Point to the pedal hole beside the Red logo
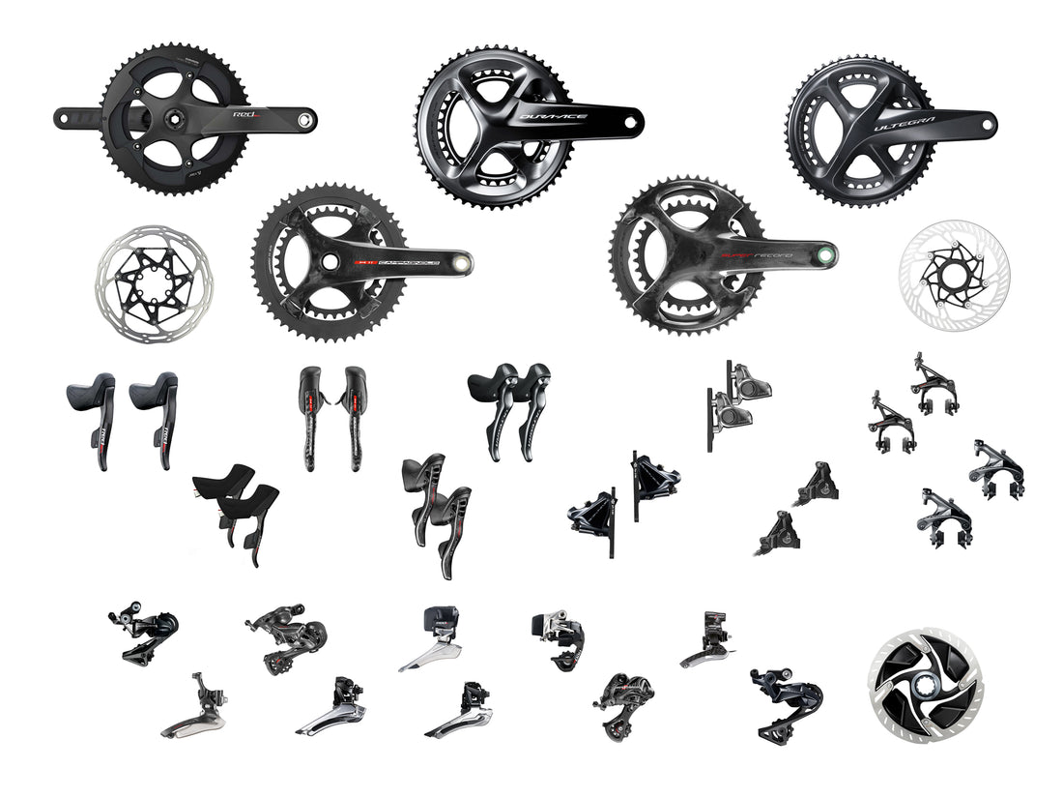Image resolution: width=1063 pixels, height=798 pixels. [304, 121]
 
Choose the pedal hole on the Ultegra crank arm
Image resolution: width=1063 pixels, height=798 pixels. [984, 123]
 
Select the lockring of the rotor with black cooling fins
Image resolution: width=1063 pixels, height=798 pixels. [924, 684]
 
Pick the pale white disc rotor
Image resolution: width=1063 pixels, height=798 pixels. [953, 267]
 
